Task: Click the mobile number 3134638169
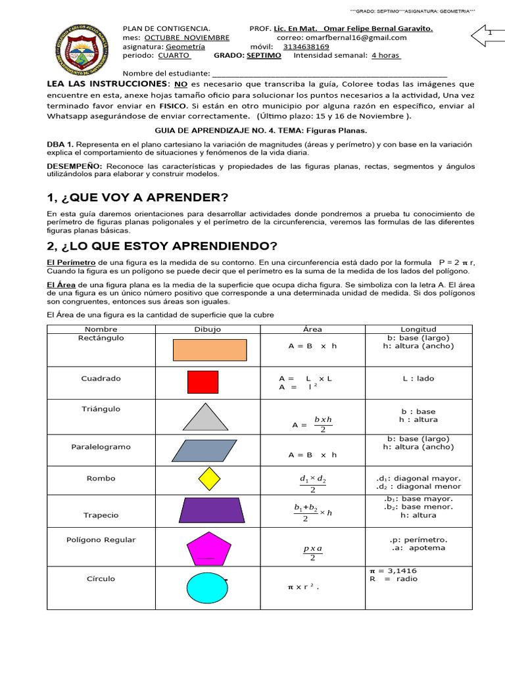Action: [x=306, y=47]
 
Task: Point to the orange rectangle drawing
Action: [x=209, y=350]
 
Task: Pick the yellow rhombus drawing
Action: [x=208, y=478]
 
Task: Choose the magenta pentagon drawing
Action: [x=208, y=547]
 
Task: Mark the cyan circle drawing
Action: [x=207, y=587]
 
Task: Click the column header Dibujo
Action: [x=208, y=329]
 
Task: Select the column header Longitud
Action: [x=418, y=329]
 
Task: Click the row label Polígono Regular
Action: [x=101, y=540]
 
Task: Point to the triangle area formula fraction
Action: [x=322, y=424]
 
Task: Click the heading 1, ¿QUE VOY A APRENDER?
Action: [x=137, y=198]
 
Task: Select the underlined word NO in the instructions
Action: [x=180, y=85]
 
